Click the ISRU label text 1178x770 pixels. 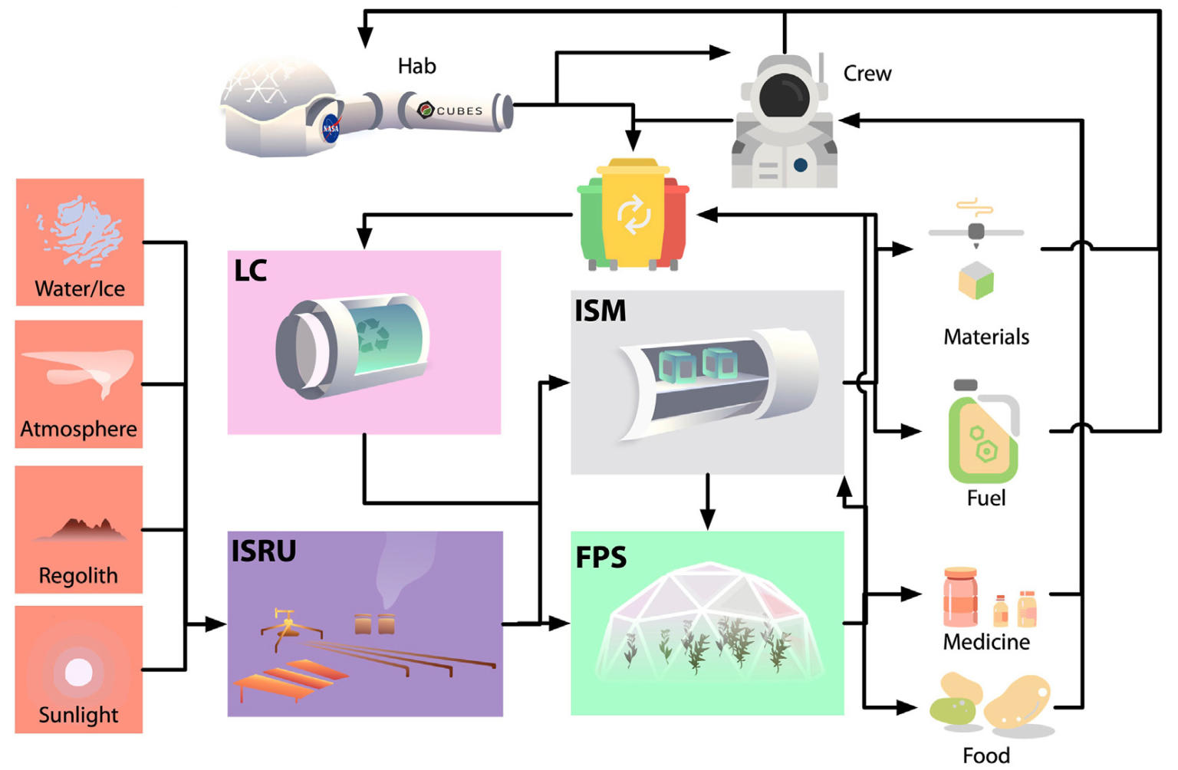(x=263, y=551)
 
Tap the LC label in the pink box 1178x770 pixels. (x=250, y=271)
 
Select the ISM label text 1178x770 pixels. (x=601, y=311)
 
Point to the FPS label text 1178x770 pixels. (x=601, y=558)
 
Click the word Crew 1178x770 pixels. (x=867, y=74)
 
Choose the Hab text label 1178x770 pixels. (x=416, y=67)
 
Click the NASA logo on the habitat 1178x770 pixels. (x=331, y=128)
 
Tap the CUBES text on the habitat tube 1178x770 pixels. (x=459, y=110)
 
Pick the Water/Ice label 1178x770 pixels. (x=80, y=289)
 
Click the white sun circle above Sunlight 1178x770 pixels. (x=78, y=672)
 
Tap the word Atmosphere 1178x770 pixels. (x=78, y=429)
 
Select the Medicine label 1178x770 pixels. (x=986, y=642)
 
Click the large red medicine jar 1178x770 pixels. (x=960, y=597)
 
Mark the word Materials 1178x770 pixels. (x=986, y=337)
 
